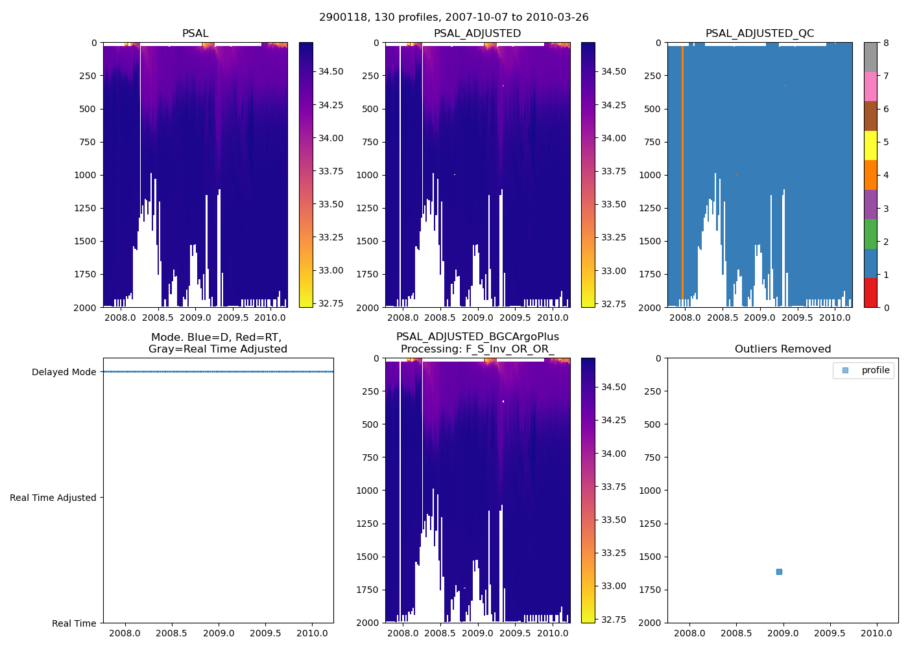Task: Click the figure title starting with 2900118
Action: click(x=454, y=17)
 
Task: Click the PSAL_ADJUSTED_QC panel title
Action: click(x=759, y=33)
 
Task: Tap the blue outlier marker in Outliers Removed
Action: click(x=779, y=572)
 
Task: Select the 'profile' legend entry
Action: click(x=875, y=370)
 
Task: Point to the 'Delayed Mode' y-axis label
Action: click(x=64, y=372)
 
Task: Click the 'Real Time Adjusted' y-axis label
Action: click(x=53, y=498)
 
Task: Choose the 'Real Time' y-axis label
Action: click(x=74, y=623)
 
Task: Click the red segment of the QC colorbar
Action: click(x=870, y=293)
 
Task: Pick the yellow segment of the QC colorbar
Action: click(x=870, y=145)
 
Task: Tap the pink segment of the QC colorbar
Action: click(x=870, y=86)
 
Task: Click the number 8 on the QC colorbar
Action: click(x=886, y=43)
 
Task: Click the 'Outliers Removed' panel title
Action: click(x=783, y=349)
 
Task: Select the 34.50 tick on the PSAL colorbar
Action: click(x=331, y=71)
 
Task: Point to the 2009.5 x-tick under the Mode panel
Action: click(x=265, y=633)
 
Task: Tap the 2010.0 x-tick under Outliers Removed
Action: click(x=876, y=633)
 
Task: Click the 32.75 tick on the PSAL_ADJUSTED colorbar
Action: click(x=614, y=304)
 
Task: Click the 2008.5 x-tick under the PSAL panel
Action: click(x=158, y=318)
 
